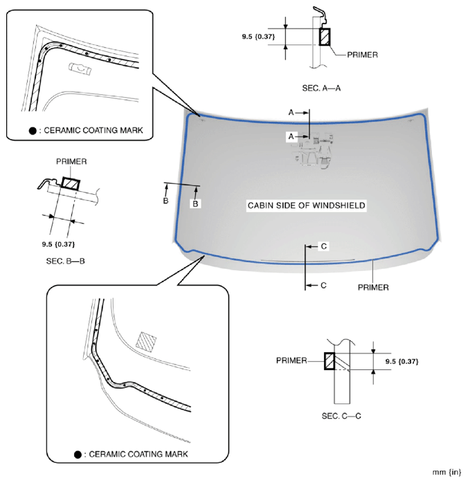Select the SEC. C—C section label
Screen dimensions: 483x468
(x=342, y=416)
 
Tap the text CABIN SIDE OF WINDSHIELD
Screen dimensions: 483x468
(x=306, y=206)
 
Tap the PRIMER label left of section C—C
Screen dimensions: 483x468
(x=292, y=360)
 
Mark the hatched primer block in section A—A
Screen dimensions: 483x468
(x=324, y=37)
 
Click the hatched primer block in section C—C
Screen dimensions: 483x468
(x=330, y=361)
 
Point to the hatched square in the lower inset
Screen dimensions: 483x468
(x=147, y=340)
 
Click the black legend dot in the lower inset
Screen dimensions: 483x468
(x=78, y=455)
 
